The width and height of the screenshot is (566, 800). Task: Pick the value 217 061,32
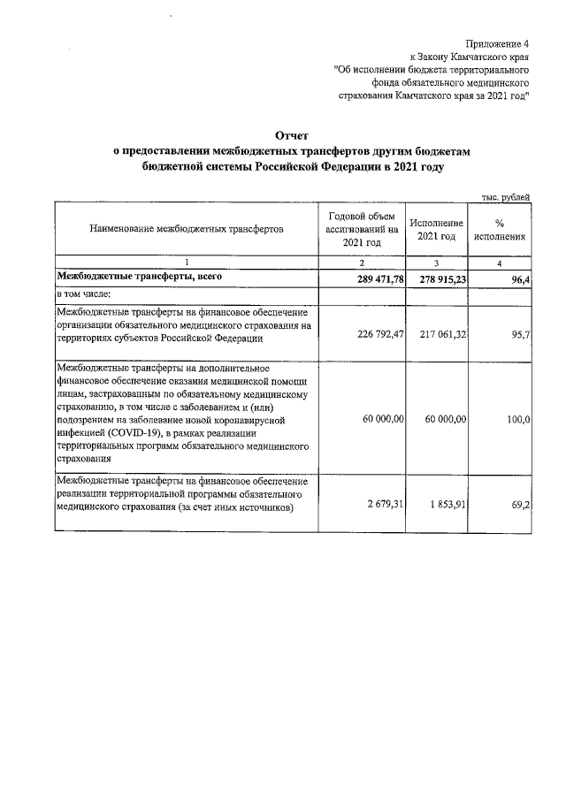(x=437, y=336)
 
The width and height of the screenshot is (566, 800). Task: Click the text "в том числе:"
(x=84, y=293)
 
